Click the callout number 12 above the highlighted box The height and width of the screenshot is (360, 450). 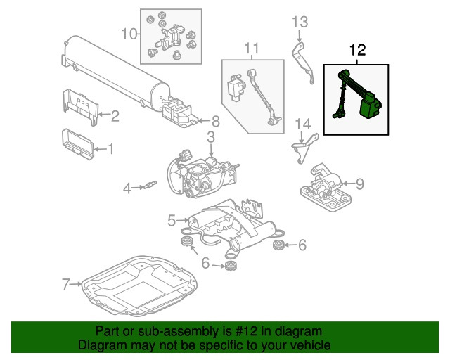click(357, 51)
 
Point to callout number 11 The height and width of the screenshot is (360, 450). click(252, 48)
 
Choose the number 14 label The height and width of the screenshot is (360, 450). click(302, 125)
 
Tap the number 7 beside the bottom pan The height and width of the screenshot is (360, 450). click(67, 284)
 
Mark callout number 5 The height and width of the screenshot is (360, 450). click(172, 221)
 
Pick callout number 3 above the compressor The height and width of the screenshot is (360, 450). click(210, 136)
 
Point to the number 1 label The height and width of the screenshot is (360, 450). click(109, 148)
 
